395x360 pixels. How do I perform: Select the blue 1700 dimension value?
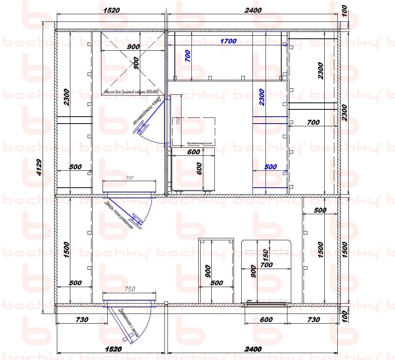(x=228, y=41)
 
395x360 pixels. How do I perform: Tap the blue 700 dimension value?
(x=188, y=56)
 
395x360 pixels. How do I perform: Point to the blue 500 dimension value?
(x=271, y=167)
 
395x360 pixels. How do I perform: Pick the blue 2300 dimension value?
(x=261, y=97)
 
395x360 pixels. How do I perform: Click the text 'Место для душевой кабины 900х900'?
(x=131, y=92)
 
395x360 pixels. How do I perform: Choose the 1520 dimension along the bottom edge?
(x=113, y=349)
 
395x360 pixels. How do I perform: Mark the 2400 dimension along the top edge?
(x=253, y=10)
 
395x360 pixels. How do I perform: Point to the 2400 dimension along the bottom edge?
(x=253, y=349)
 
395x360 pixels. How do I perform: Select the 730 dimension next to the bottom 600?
(x=314, y=319)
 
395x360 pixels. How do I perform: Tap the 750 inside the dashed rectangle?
(x=178, y=121)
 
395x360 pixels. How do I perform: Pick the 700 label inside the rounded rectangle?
(x=266, y=265)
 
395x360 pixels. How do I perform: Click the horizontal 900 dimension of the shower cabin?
(x=133, y=47)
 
